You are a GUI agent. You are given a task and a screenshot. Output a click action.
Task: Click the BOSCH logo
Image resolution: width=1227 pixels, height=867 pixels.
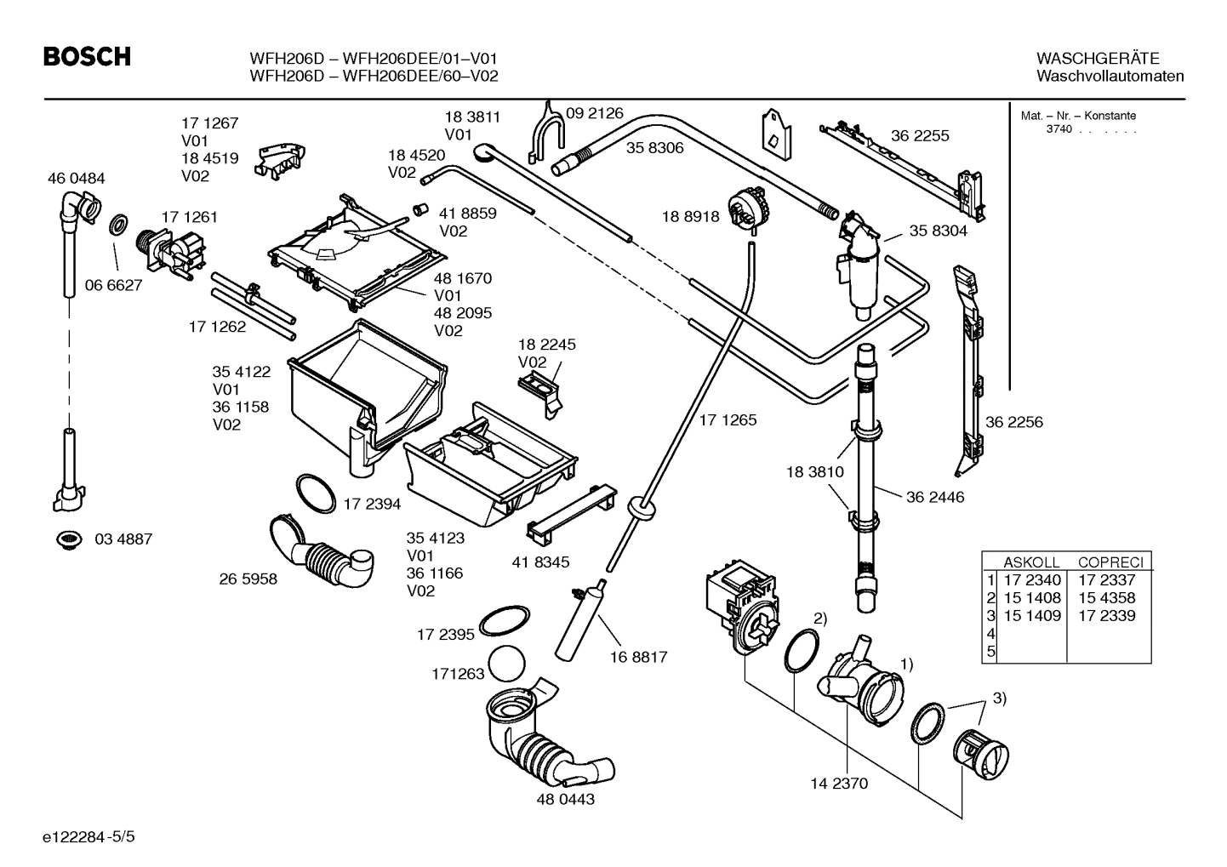87,57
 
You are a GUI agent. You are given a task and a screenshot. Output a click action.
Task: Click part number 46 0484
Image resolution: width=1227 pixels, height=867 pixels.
77,178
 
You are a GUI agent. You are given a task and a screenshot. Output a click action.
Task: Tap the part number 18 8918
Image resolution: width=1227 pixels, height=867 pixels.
690,216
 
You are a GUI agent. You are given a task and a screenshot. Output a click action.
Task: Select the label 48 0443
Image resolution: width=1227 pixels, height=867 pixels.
565,799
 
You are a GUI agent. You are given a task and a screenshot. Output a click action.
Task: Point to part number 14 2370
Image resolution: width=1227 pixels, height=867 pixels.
839,783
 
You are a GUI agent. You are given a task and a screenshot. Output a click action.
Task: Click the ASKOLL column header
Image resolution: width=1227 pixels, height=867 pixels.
1031,562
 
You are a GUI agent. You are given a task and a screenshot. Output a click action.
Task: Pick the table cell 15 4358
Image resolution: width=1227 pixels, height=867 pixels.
1106,597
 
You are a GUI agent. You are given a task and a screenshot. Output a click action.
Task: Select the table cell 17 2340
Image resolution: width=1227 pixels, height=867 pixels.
1031,580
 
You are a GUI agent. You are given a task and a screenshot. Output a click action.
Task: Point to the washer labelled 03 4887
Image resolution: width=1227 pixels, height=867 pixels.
67,539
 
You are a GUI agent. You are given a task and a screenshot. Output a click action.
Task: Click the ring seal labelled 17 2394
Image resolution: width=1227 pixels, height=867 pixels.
317,493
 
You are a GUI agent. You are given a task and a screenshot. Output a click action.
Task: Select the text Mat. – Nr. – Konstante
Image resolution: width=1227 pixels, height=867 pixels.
1077,116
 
